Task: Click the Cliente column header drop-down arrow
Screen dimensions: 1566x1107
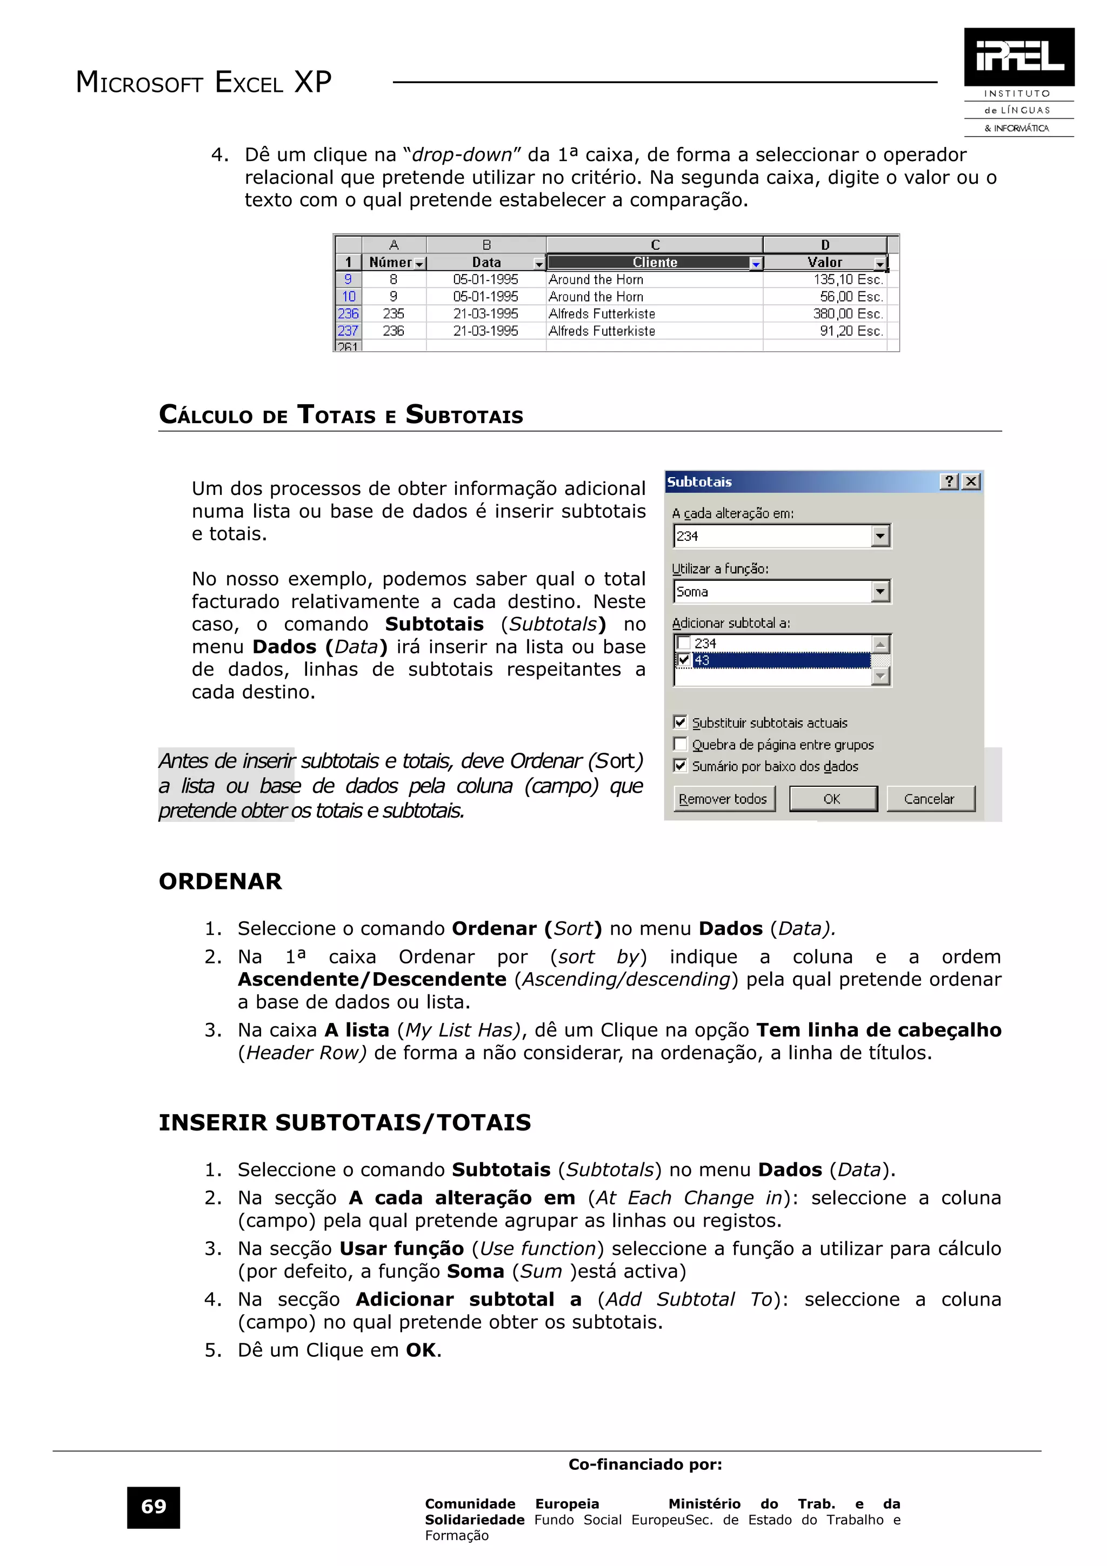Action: click(x=756, y=263)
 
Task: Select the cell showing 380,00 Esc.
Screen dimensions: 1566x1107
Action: click(x=847, y=314)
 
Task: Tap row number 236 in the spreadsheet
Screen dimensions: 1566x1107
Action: click(x=348, y=314)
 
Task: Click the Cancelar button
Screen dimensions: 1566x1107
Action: click(x=929, y=799)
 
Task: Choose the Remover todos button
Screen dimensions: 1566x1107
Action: click(x=723, y=799)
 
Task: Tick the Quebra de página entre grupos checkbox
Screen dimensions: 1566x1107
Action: click(x=680, y=744)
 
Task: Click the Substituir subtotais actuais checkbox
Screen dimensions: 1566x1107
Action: click(x=680, y=722)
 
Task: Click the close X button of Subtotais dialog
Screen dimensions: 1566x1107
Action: click(x=971, y=481)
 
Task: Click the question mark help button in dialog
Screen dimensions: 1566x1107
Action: click(x=949, y=481)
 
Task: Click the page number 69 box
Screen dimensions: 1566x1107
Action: click(x=154, y=1507)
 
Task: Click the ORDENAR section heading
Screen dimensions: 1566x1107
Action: click(x=221, y=881)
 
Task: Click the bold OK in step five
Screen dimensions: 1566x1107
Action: click(x=421, y=1350)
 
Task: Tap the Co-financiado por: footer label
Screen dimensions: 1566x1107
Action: click(x=644, y=1464)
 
